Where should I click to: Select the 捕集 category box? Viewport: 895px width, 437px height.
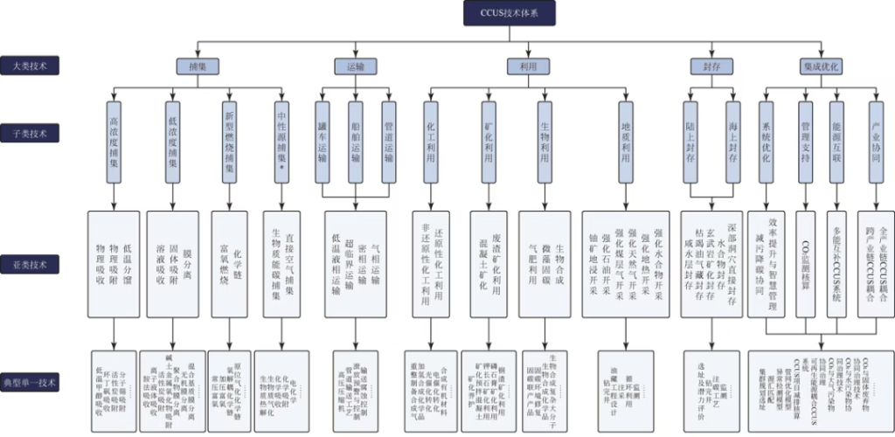(x=198, y=66)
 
